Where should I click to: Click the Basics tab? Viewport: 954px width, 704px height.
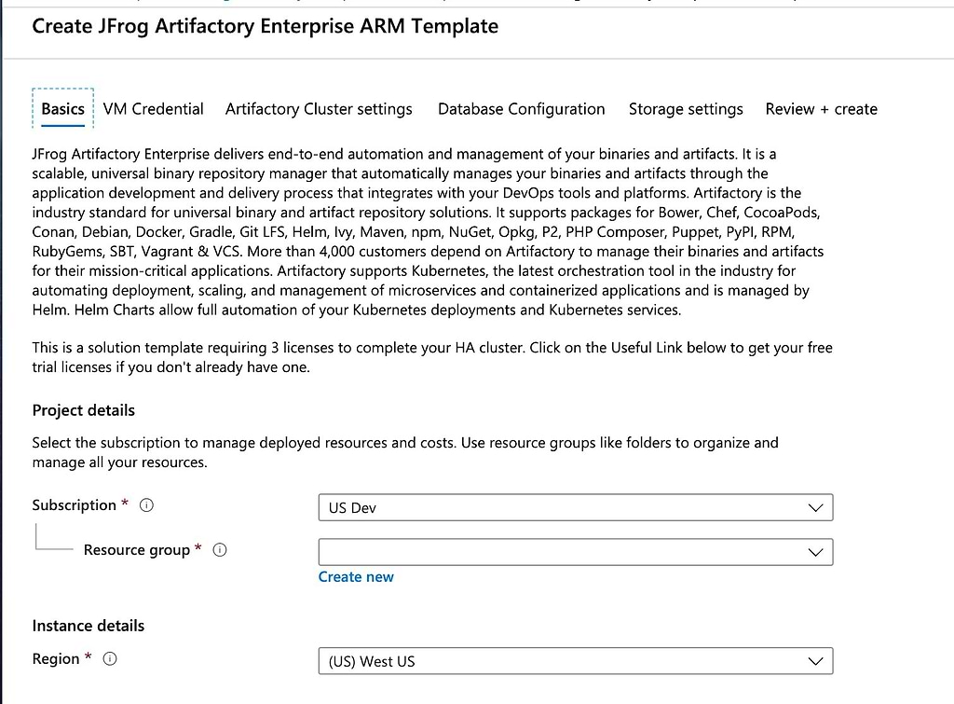pyautogui.click(x=62, y=109)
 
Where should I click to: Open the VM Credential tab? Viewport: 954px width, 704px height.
pyautogui.click(x=154, y=109)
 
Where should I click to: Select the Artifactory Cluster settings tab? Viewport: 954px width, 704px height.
pyautogui.click(x=319, y=109)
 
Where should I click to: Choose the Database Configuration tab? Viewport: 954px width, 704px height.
pyautogui.click(x=522, y=109)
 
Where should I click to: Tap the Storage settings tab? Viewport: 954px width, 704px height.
pyautogui.click(x=686, y=109)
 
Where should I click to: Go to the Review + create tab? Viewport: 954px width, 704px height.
pyautogui.click(x=822, y=109)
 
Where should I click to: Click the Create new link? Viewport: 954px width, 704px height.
pyautogui.click(x=356, y=576)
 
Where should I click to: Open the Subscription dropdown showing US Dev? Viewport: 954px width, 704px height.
pyautogui.click(x=576, y=508)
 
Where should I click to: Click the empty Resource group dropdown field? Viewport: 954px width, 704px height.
pyautogui.click(x=576, y=552)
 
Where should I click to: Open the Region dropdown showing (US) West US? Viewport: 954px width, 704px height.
pyautogui.click(x=576, y=661)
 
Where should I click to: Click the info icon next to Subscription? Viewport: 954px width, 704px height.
pyautogui.click(x=146, y=505)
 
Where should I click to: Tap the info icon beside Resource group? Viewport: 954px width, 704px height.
pyautogui.click(x=220, y=550)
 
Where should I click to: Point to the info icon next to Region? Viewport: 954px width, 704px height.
pyautogui.click(x=110, y=659)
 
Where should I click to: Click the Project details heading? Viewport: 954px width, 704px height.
pyautogui.click(x=83, y=410)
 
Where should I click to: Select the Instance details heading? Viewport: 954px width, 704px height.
pyautogui.click(x=89, y=626)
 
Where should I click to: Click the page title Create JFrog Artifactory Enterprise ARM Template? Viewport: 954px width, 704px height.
pyautogui.click(x=266, y=26)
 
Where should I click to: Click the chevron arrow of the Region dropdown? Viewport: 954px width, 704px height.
pyautogui.click(x=815, y=661)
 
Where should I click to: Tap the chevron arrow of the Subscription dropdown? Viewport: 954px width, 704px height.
pyautogui.click(x=815, y=508)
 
